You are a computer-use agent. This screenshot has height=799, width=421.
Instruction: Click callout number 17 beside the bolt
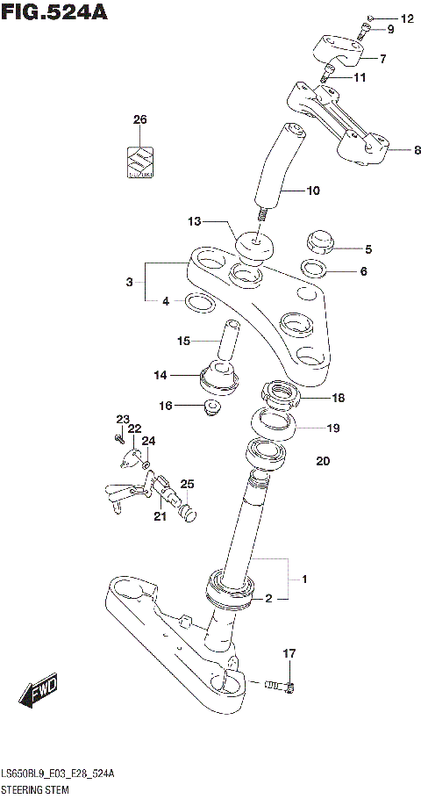[289, 652]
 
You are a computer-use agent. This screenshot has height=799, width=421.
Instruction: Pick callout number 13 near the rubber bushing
[195, 220]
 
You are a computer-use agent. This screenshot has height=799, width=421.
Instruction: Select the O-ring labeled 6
[315, 268]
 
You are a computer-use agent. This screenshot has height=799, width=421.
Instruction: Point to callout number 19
[332, 428]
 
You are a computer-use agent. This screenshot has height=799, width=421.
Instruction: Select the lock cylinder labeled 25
[185, 508]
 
